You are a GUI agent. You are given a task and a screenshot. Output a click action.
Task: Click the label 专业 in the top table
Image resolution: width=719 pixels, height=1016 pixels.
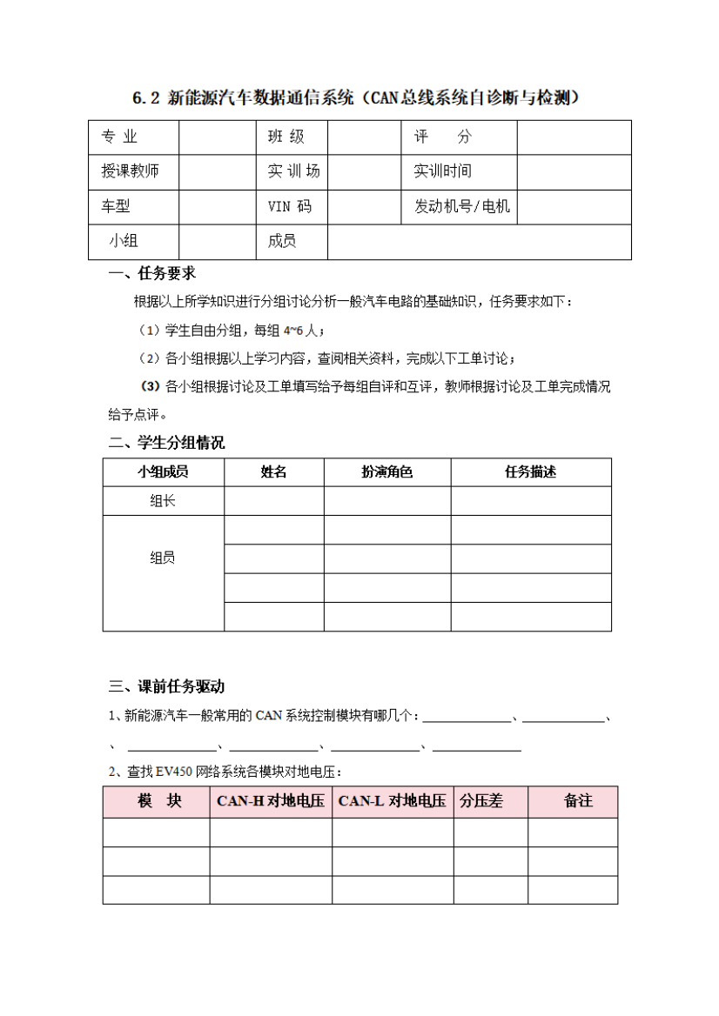click(x=120, y=137)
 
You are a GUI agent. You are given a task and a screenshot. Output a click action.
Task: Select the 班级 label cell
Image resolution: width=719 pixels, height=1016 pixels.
click(x=286, y=137)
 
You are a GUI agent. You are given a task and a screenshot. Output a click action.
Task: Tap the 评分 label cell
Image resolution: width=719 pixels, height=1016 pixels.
click(x=442, y=137)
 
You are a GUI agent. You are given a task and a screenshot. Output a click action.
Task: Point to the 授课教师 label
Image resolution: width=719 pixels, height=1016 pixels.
click(x=130, y=171)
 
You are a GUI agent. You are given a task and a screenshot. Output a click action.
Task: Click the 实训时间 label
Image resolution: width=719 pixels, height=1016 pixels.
click(x=442, y=171)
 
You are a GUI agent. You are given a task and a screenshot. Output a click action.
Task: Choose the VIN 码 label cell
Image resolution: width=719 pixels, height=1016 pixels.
click(x=289, y=207)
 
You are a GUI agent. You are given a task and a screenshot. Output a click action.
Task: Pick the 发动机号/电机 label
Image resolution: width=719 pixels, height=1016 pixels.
click(x=461, y=207)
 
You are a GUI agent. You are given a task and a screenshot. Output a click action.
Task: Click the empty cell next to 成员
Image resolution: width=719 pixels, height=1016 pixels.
click(x=479, y=242)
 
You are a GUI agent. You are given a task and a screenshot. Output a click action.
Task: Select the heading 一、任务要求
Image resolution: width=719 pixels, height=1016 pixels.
click(x=152, y=275)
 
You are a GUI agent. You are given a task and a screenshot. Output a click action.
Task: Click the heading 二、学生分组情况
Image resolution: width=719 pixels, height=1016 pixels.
click(x=166, y=443)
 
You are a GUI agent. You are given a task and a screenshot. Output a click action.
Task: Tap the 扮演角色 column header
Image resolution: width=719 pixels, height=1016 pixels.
click(x=386, y=472)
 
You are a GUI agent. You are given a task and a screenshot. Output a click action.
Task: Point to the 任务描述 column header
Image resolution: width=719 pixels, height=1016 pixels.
click(x=530, y=472)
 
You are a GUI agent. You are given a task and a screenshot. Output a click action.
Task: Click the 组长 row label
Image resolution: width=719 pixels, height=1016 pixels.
click(x=163, y=501)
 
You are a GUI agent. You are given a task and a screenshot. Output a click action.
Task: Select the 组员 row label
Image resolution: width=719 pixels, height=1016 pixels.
click(x=163, y=558)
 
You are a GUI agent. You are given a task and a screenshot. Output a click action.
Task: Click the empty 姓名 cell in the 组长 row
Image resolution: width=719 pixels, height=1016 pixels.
click(x=274, y=501)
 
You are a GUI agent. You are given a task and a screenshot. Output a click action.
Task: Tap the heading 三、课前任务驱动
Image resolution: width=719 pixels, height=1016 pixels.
click(x=166, y=686)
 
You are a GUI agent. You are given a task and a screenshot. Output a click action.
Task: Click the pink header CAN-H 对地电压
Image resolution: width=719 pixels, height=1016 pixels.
click(x=270, y=801)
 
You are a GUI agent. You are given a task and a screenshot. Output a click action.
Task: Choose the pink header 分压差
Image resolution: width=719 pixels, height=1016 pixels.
click(x=481, y=801)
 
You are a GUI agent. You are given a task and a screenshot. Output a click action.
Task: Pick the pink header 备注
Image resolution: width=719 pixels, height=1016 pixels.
click(x=578, y=801)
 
